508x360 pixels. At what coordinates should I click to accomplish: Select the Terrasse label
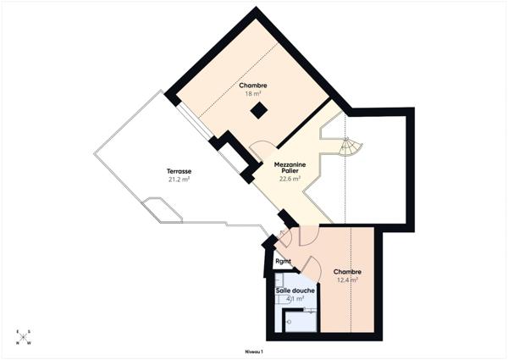(x=178, y=171)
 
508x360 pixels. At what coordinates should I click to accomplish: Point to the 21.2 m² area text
(x=178, y=180)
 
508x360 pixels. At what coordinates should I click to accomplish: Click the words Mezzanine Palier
(x=290, y=167)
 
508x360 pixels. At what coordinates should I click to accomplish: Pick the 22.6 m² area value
(x=290, y=179)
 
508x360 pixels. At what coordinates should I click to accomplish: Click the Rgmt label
(x=283, y=261)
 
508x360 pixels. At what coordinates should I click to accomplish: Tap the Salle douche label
(x=295, y=291)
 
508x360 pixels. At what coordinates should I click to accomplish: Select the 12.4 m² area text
(x=347, y=280)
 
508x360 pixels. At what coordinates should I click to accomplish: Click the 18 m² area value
(x=252, y=93)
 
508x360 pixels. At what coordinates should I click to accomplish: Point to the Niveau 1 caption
(x=254, y=351)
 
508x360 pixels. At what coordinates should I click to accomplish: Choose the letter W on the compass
(x=28, y=344)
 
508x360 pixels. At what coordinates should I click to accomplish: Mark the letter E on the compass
(x=18, y=331)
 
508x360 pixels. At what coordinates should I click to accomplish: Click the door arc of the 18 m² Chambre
(x=260, y=150)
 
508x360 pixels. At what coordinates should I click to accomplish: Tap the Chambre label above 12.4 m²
(x=347, y=272)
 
